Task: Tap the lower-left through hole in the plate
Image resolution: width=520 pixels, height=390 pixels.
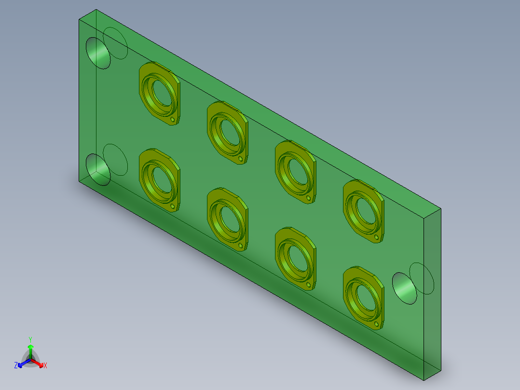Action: [x=98, y=170]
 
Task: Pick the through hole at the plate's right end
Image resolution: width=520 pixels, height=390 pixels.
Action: [x=404, y=288]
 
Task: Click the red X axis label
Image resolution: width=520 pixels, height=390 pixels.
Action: [x=45, y=366]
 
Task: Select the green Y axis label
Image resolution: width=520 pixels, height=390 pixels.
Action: [x=30, y=339]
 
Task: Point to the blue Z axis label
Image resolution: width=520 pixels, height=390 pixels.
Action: [x=16, y=366]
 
